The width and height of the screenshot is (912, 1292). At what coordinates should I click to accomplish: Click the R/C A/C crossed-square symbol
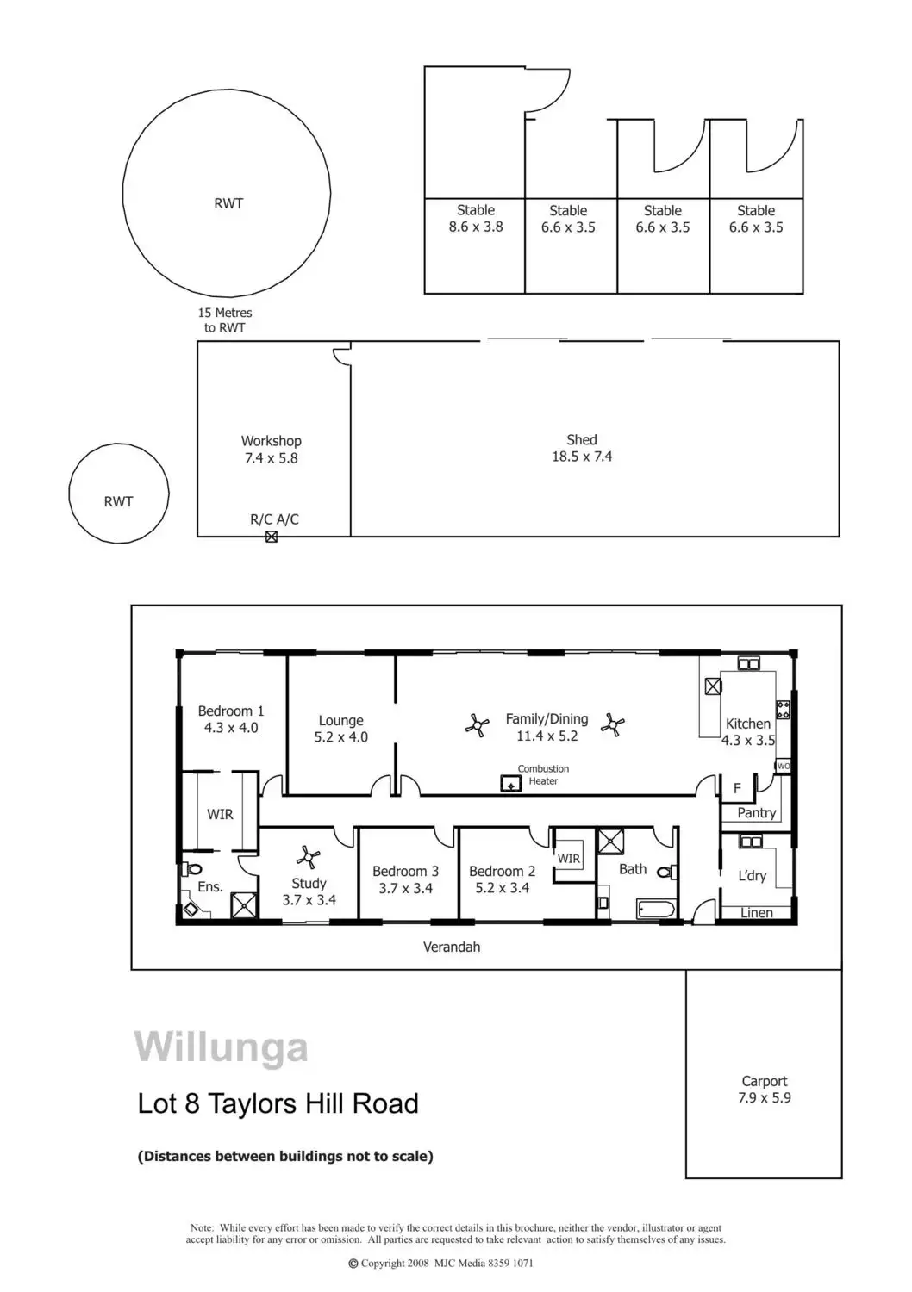(x=272, y=537)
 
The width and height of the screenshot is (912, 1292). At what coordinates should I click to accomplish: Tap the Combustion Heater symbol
(x=511, y=784)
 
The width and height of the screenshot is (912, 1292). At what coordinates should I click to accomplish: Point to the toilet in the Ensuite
(x=194, y=869)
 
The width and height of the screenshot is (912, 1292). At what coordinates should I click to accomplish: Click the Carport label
(x=765, y=1081)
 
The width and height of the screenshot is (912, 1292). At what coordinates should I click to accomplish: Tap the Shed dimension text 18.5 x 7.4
(x=582, y=457)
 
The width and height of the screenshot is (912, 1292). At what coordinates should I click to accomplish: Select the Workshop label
(x=271, y=441)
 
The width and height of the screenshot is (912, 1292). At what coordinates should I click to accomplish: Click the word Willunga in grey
(x=222, y=1047)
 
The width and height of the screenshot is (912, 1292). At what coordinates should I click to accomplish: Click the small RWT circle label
(x=119, y=501)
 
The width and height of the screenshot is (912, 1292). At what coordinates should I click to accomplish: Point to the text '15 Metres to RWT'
(x=225, y=320)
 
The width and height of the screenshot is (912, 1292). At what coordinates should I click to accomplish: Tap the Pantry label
(x=757, y=812)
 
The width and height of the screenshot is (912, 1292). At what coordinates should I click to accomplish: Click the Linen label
(x=757, y=912)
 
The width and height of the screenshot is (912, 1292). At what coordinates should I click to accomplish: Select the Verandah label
(x=452, y=947)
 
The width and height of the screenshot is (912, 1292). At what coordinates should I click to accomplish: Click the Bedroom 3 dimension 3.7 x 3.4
(x=405, y=888)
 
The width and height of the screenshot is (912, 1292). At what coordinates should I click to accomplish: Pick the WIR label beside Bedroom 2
(x=569, y=859)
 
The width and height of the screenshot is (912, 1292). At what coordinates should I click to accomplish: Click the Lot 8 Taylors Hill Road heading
(x=278, y=1103)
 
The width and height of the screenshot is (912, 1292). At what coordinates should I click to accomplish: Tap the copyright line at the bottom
(x=440, y=1264)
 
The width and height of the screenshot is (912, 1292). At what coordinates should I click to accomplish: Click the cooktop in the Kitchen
(x=783, y=710)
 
